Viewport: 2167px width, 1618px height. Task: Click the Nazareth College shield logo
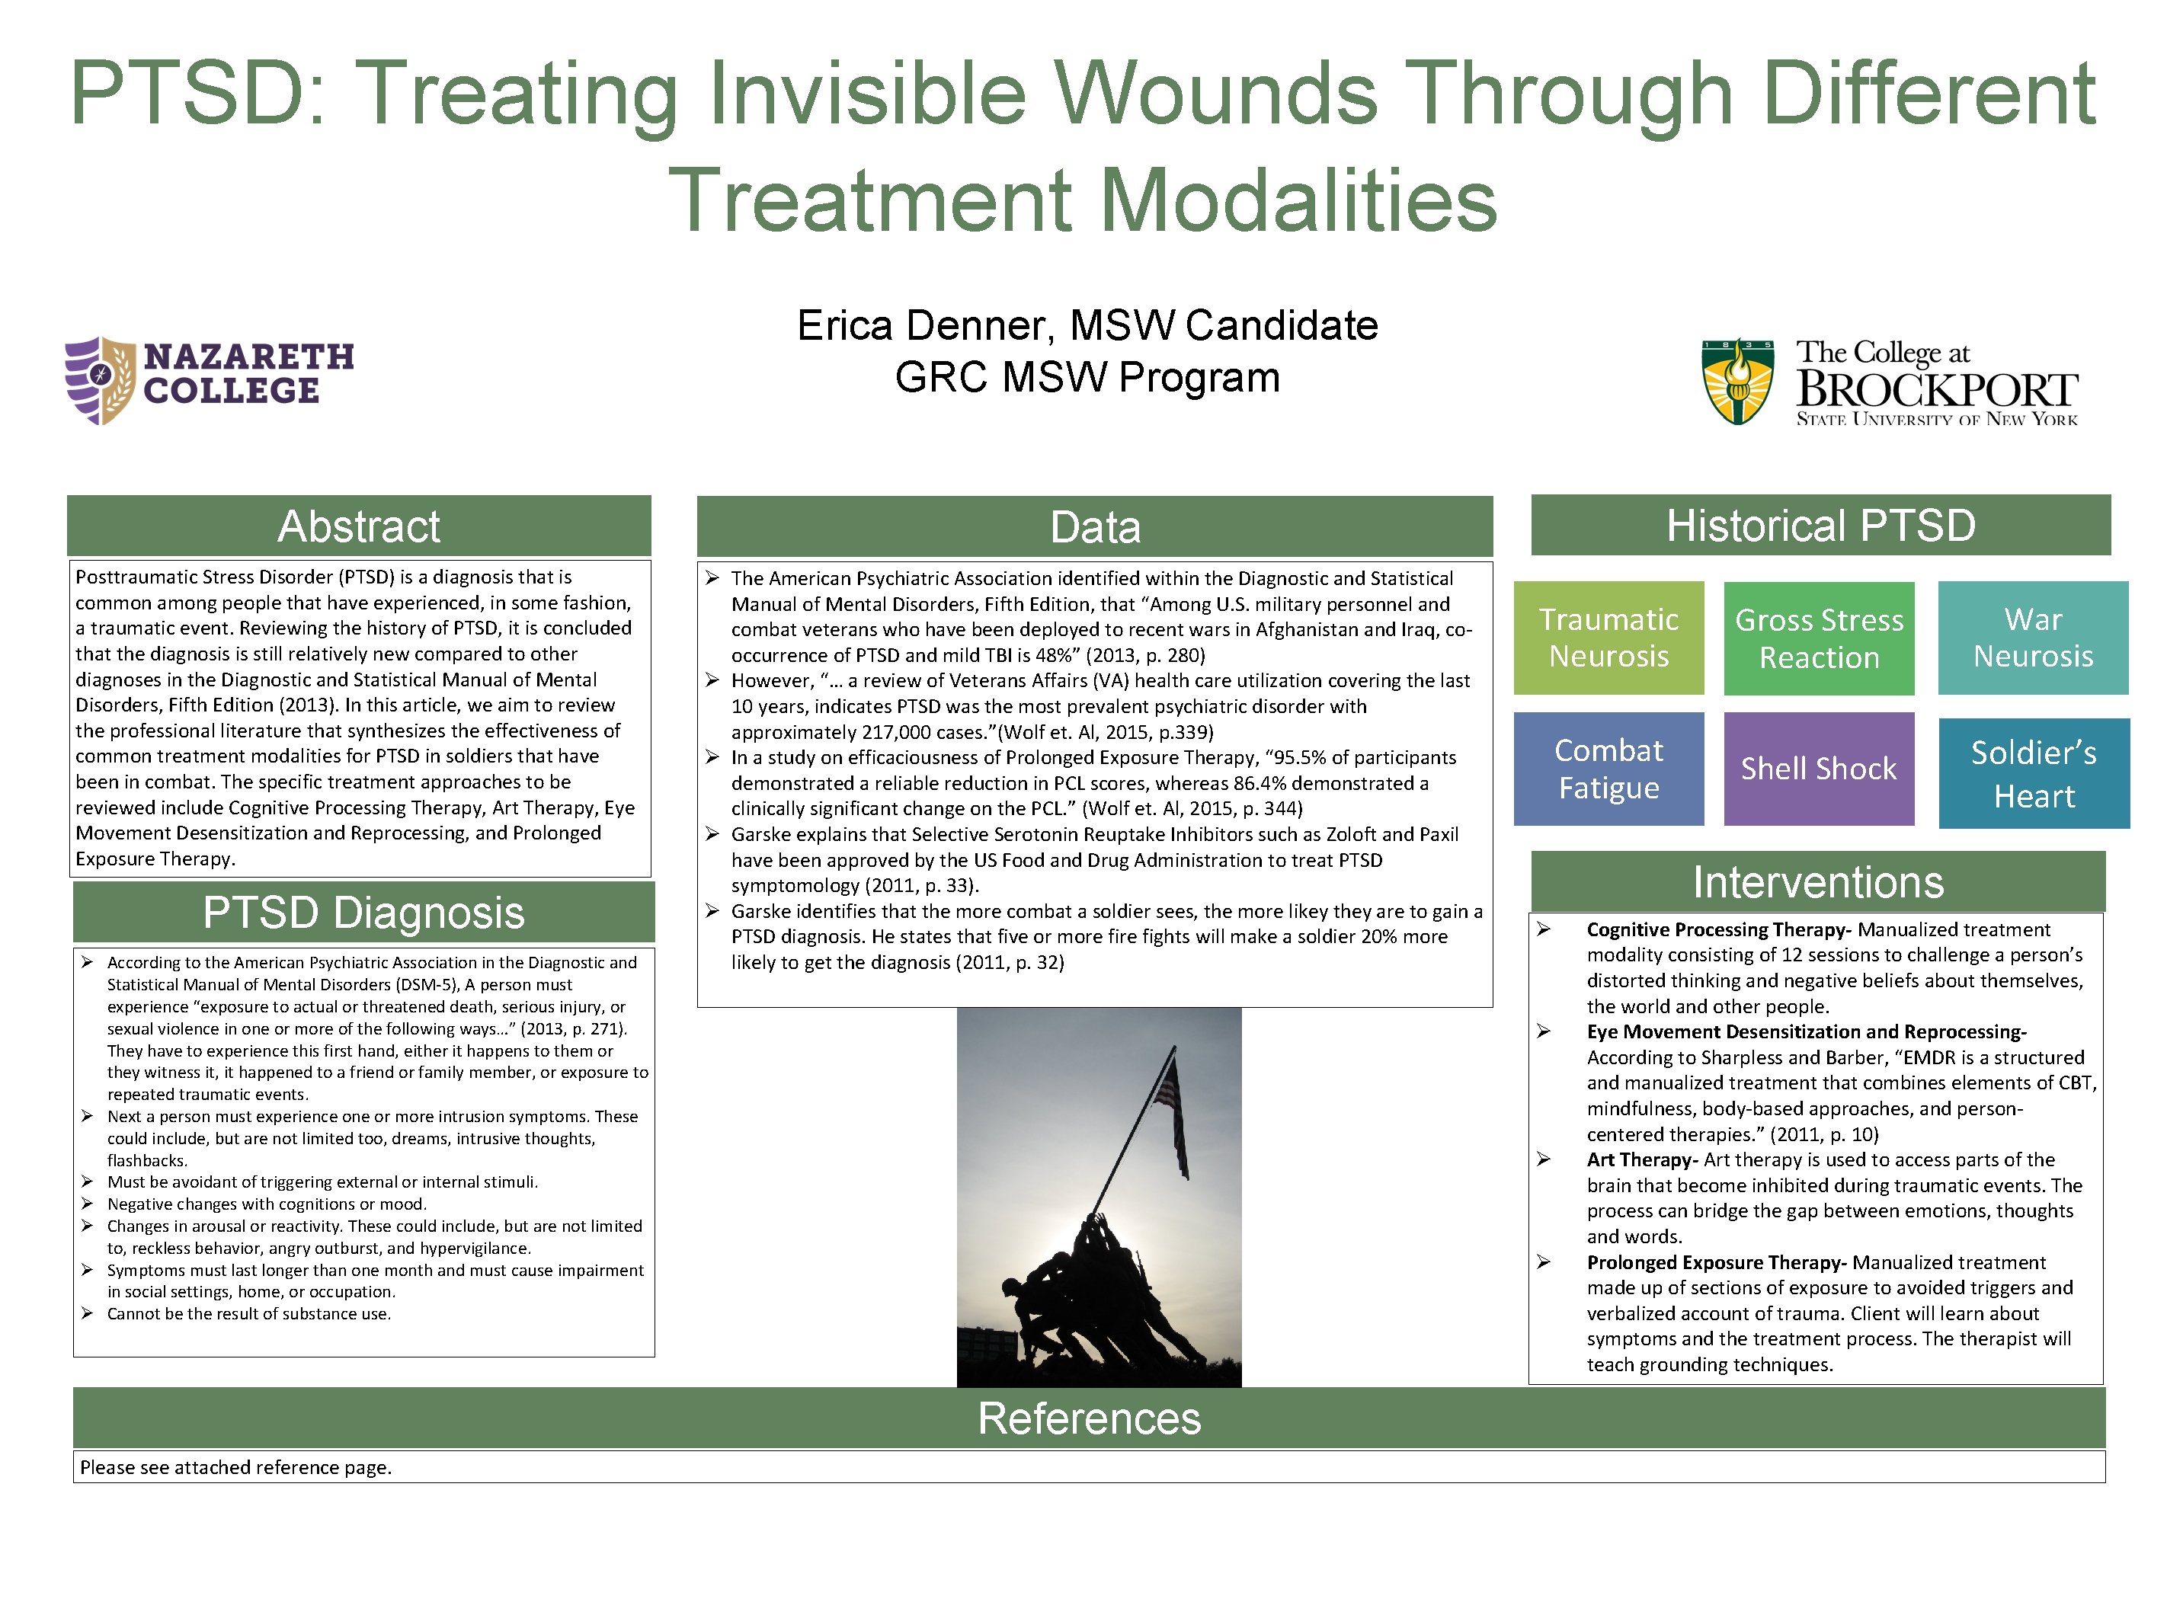tap(100, 380)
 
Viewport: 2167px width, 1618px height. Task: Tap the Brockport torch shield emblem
tap(1737, 382)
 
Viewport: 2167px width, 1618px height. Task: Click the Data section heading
tap(1094, 527)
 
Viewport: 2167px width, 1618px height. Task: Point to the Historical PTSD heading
tap(1820, 526)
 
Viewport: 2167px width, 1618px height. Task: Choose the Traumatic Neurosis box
tap(1608, 638)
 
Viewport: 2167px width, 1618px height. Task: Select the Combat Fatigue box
tap(1608, 769)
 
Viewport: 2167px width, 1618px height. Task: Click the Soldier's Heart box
tap(2033, 774)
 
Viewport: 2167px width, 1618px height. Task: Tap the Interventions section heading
tap(1817, 882)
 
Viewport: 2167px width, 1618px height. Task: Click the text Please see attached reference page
tap(236, 1467)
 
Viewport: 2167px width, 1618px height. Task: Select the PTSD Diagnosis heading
tap(363, 913)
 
